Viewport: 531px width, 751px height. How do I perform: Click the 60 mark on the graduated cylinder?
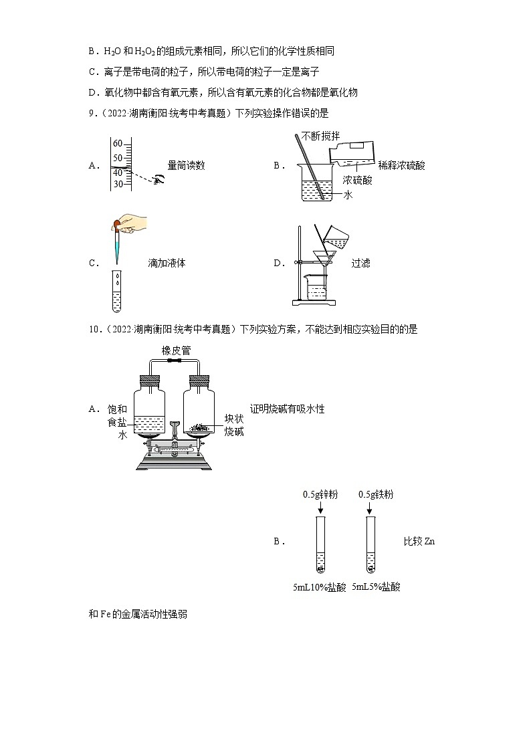click(x=118, y=144)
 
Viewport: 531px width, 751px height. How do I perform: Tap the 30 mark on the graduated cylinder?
click(x=118, y=184)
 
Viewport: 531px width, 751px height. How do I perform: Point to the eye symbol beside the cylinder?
click(x=159, y=179)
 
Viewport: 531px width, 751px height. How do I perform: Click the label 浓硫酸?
click(x=358, y=180)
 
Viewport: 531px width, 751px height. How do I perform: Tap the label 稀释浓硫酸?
click(x=401, y=165)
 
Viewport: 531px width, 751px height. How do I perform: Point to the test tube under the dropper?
click(x=117, y=291)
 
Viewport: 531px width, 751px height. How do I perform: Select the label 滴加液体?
click(x=167, y=263)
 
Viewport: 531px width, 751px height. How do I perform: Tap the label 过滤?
click(x=360, y=263)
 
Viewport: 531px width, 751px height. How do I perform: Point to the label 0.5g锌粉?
click(x=320, y=494)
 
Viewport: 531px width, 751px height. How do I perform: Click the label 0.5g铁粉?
click(x=376, y=494)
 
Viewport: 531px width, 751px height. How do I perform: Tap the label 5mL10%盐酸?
click(x=320, y=587)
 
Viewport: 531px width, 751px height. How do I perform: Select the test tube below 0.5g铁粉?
click(x=370, y=545)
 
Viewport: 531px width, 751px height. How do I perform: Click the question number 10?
click(x=93, y=329)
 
